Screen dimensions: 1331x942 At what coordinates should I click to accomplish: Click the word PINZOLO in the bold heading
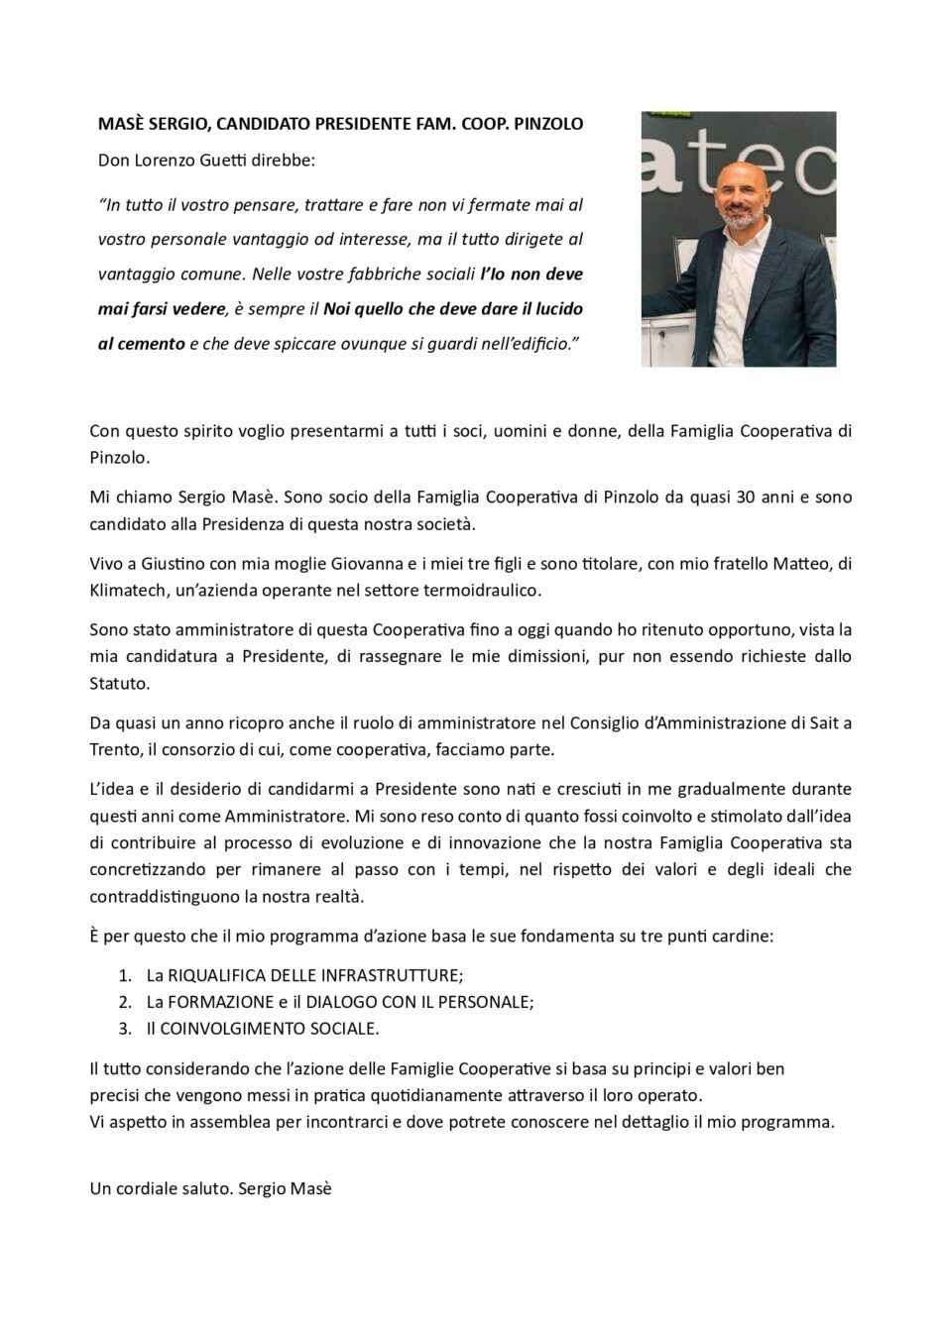click(x=548, y=124)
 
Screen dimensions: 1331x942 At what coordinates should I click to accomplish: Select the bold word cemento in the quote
click(x=156, y=344)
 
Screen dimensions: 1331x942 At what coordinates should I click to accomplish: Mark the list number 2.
click(x=125, y=1002)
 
